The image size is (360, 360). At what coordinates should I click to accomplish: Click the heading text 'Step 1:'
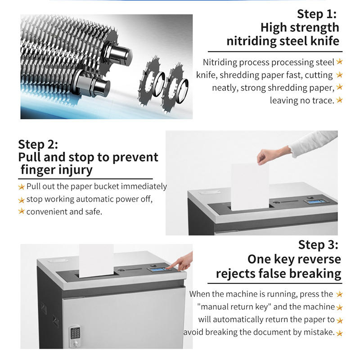tap(317, 14)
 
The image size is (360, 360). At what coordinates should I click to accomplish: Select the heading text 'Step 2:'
tap(38, 144)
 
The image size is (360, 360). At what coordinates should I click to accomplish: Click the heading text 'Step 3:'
tap(318, 245)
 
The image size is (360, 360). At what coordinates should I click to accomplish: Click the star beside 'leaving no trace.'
tap(339, 100)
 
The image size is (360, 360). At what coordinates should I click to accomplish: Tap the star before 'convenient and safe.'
tap(21, 211)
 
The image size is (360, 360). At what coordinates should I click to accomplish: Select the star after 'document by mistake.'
tap(339, 333)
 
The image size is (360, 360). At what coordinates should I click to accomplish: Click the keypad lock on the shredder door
tap(75, 336)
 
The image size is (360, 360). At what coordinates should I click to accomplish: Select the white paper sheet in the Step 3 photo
tap(96, 261)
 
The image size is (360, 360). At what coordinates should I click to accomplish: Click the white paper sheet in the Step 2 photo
tap(250, 187)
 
